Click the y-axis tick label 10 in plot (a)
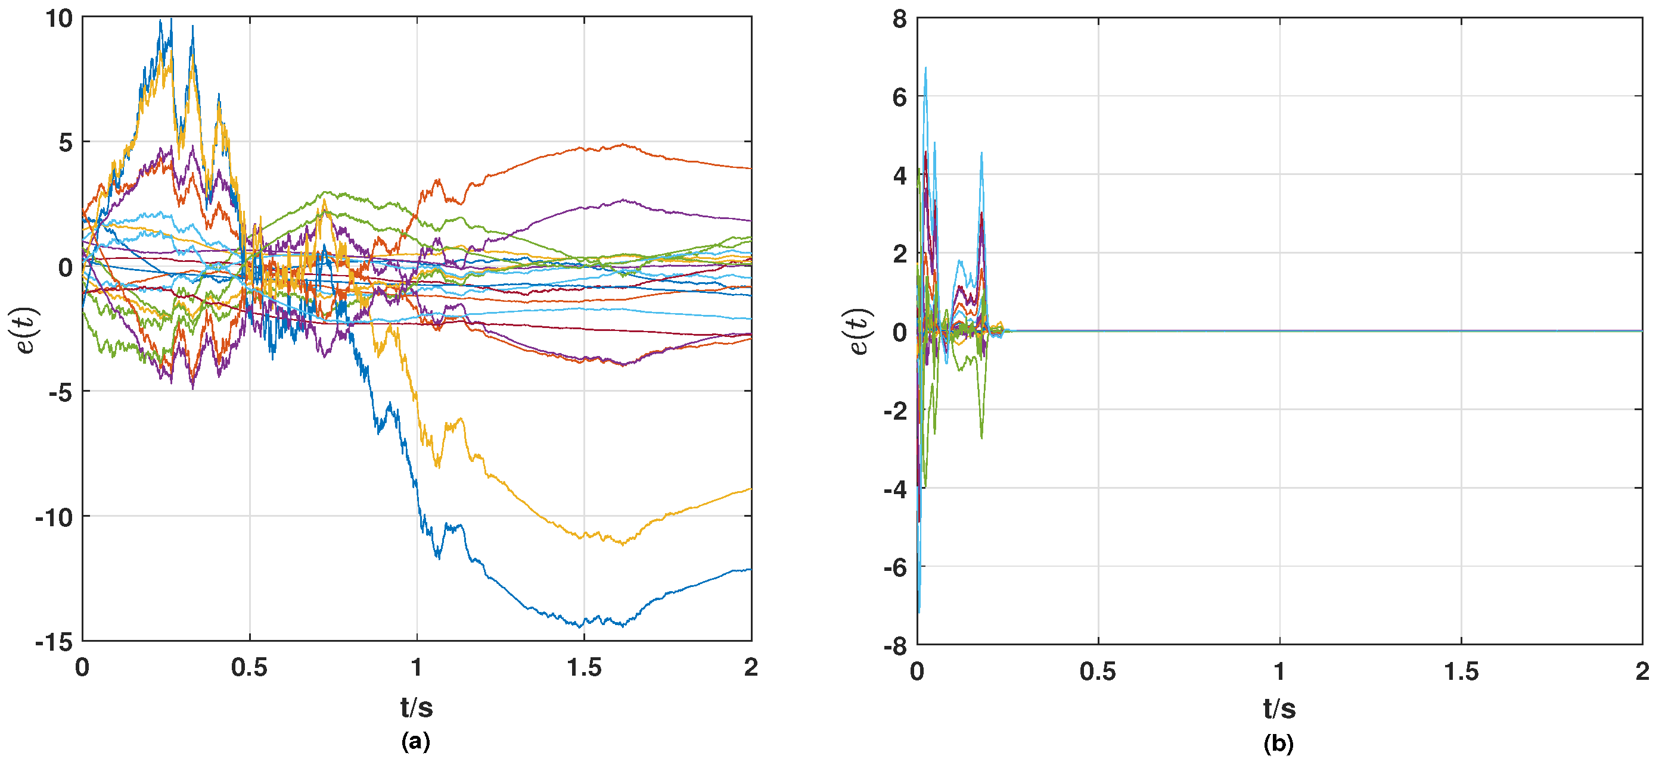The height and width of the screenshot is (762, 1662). (59, 18)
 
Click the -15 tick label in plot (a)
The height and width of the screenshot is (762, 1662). (54, 643)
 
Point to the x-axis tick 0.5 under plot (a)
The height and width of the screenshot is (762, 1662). (249, 668)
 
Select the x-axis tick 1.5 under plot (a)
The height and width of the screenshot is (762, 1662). (584, 668)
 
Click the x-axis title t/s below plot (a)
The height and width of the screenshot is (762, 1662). (416, 708)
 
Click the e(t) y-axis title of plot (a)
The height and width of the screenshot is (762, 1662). (26, 330)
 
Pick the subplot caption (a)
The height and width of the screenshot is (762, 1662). (415, 741)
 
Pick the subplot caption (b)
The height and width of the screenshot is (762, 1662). (1278, 744)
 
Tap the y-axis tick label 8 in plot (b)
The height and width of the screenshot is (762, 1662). (899, 19)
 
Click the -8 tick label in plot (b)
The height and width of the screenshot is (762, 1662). (896, 646)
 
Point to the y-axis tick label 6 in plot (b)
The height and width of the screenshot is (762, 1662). (899, 98)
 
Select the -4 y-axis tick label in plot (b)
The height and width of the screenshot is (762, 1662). (896, 489)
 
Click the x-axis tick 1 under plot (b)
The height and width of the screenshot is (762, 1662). (1279, 672)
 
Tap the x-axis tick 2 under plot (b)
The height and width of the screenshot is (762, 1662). (1642, 672)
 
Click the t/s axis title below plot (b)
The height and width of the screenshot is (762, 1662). (1279, 709)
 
